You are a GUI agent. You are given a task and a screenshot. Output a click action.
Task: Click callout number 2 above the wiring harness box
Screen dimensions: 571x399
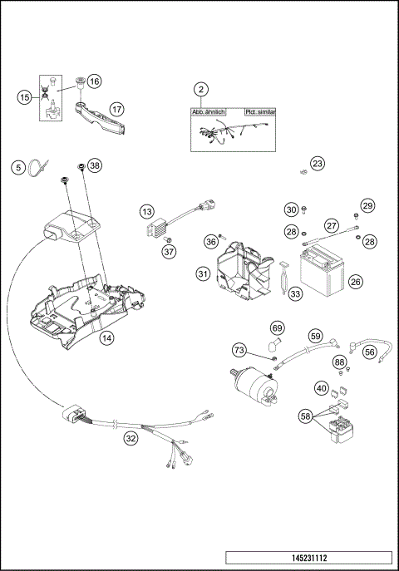(200, 90)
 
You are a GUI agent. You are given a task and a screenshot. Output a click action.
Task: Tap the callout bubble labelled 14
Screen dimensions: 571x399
(106, 338)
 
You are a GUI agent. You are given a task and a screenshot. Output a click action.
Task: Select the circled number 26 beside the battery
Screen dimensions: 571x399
(355, 282)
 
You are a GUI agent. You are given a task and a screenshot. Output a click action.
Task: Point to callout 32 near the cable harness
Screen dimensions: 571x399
(130, 437)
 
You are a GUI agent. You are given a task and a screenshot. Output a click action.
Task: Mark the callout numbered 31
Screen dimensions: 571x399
(203, 273)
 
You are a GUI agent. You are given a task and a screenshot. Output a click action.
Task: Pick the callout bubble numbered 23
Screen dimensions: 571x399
(318, 164)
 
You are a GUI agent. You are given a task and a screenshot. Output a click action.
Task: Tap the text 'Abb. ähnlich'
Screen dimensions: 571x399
(209, 111)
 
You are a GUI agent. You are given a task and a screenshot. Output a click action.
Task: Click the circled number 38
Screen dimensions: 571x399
(95, 166)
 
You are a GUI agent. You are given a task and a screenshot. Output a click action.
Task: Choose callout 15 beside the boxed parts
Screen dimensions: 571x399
(23, 97)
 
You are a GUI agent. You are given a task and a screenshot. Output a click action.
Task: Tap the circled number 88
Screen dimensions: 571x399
(339, 362)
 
